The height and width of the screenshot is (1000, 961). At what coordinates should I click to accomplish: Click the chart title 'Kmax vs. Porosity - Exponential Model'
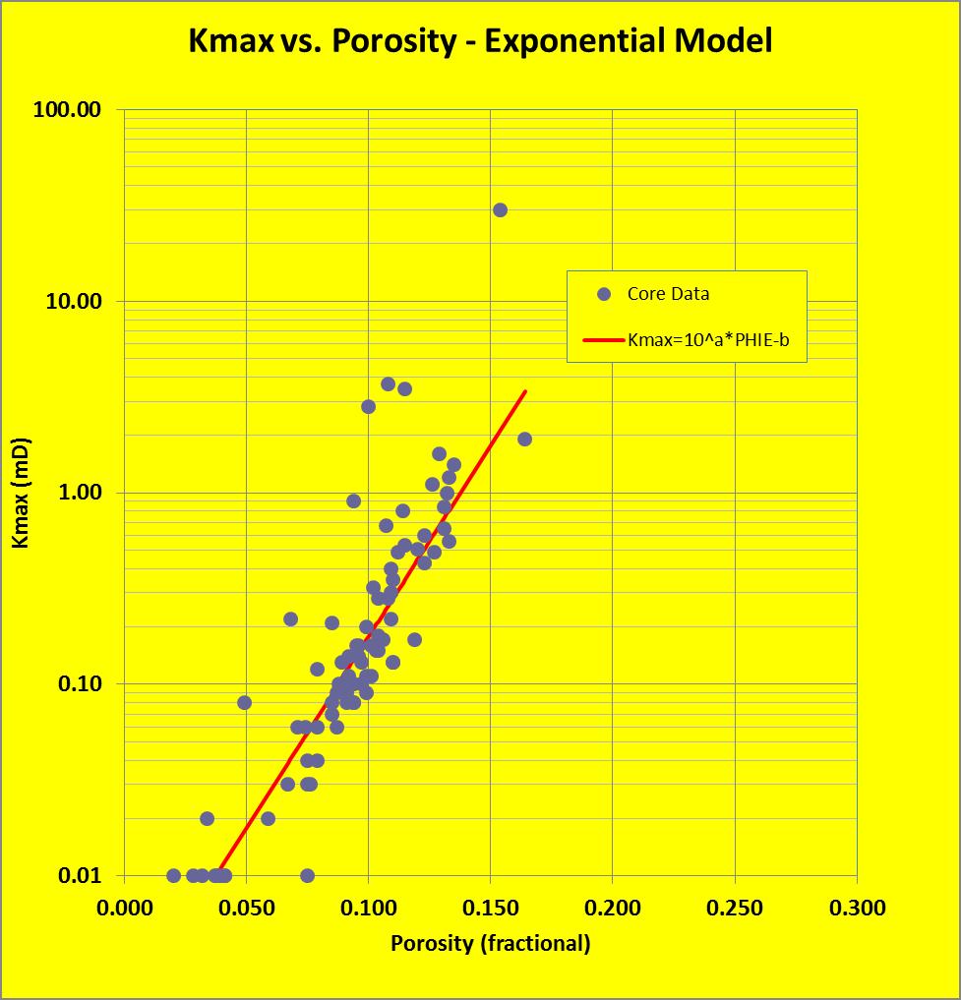(480, 41)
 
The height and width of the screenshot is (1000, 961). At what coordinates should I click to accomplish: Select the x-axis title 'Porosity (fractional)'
(491, 944)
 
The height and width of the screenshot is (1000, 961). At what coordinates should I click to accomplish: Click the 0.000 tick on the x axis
(125, 908)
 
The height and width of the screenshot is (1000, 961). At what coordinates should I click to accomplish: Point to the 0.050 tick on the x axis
(247, 908)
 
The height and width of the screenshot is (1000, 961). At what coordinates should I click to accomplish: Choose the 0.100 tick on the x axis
(369, 908)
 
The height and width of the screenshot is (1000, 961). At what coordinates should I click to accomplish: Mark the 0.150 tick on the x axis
(491, 908)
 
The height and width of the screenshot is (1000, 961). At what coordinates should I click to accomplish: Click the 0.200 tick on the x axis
(613, 908)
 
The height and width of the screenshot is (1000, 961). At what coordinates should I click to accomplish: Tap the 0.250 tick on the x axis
(735, 908)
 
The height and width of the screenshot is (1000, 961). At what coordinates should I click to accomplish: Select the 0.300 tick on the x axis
(857, 908)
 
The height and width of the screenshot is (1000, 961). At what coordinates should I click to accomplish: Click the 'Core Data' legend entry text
(668, 294)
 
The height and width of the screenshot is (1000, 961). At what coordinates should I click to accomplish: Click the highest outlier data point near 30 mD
(500, 209)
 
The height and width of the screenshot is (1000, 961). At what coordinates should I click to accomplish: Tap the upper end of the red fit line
(525, 391)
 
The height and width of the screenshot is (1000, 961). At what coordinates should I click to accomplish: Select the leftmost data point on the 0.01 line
(174, 875)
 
